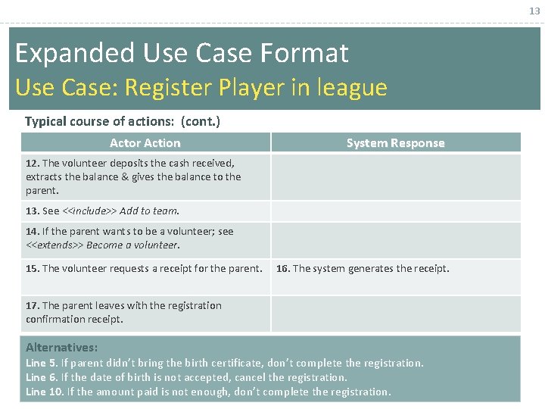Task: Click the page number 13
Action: tap(534, 11)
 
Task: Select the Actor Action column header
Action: tap(145, 142)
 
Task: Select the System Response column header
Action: tap(395, 142)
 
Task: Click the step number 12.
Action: tap(32, 163)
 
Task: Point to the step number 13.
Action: tap(32, 211)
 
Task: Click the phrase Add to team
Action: tap(149, 211)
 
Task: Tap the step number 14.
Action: tap(32, 231)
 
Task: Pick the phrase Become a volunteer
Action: tap(134, 245)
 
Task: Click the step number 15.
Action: tap(32, 268)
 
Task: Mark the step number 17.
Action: tap(32, 305)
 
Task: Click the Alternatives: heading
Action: tap(61, 347)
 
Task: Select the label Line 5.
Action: tap(41, 363)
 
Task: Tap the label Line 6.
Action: tap(41, 377)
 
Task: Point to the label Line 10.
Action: tap(44, 392)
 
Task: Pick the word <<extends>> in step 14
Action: tap(54, 245)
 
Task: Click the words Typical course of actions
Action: tap(101, 121)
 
